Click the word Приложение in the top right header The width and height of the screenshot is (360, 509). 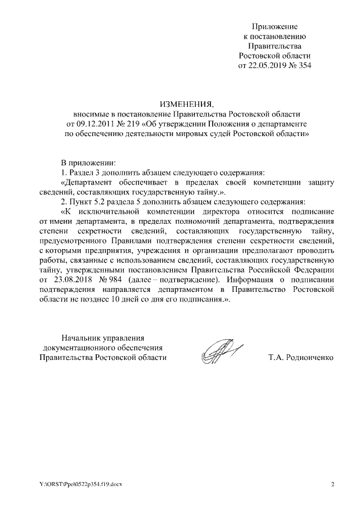274,26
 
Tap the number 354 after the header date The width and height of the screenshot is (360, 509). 304,65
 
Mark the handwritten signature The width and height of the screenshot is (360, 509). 220,353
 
